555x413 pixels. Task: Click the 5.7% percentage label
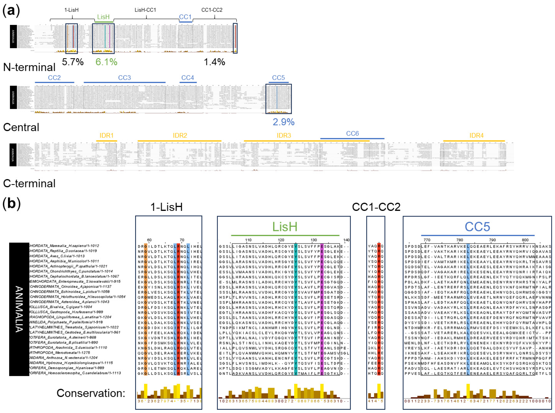coord(73,62)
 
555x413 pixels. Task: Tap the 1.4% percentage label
coord(214,62)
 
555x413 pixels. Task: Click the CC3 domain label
coord(124,78)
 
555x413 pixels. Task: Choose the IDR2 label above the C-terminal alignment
coord(180,136)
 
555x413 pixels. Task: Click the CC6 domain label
coord(352,134)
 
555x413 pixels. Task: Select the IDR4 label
coord(476,136)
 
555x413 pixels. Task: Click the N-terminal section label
coord(29,67)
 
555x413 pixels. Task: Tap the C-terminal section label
coord(29,183)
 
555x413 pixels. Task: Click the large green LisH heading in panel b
coord(285,227)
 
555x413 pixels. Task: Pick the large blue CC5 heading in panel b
coord(477,227)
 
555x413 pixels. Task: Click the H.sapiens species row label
coord(64,246)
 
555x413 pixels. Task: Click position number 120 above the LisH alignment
coord(281,240)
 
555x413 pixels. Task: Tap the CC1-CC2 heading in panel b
coord(376,207)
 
